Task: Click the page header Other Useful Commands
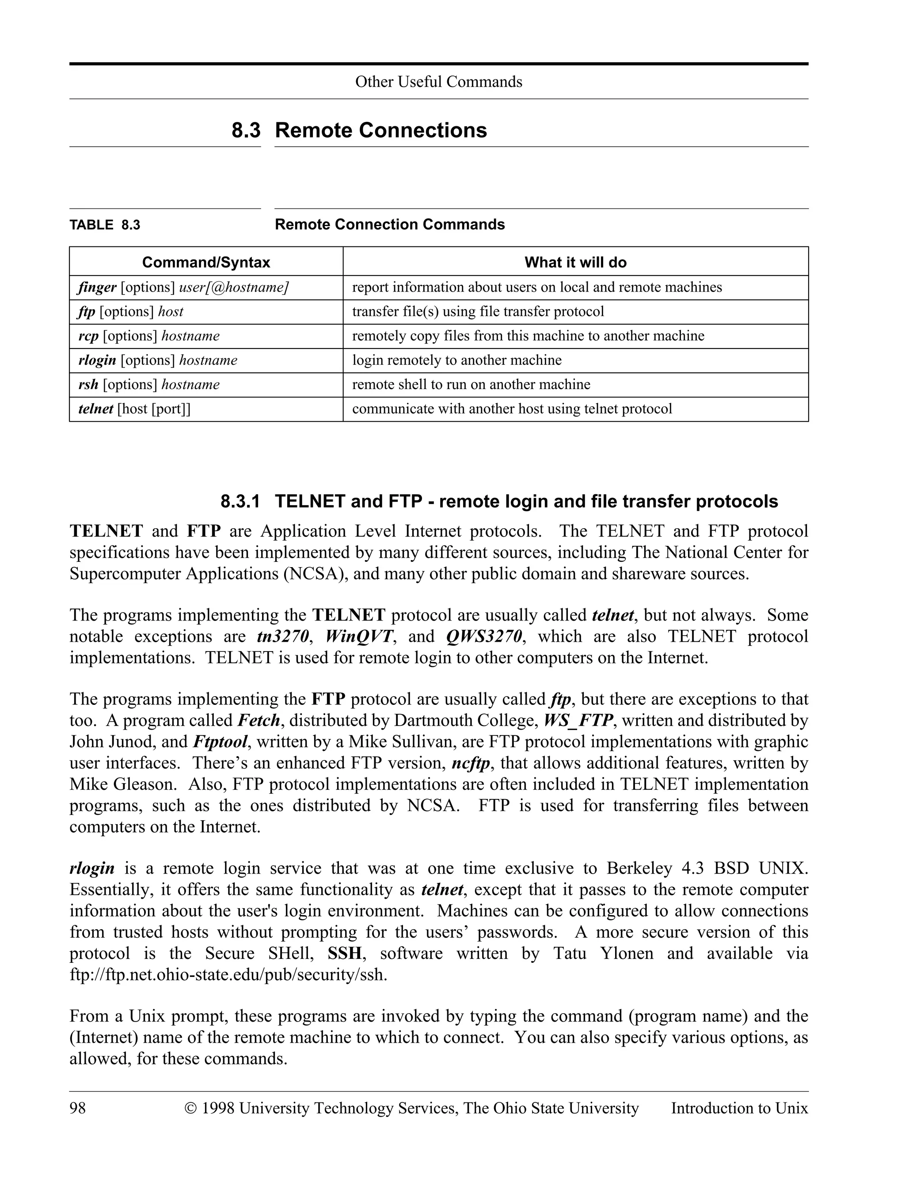pos(438,82)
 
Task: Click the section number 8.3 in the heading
pos(246,131)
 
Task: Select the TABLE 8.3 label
pos(105,225)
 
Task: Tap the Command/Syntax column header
pos(206,262)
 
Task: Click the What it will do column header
pos(575,262)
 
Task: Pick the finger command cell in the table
pos(183,288)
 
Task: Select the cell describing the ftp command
pos(478,311)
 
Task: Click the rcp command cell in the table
pos(148,336)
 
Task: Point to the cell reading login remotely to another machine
pos(456,360)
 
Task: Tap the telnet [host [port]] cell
pos(134,409)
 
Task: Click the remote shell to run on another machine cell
pos(471,384)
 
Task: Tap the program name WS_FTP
pos(578,721)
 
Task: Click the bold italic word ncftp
pos(471,763)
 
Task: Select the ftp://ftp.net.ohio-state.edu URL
pos(228,975)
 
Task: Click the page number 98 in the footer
pos(78,1108)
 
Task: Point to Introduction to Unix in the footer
pos(739,1108)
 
